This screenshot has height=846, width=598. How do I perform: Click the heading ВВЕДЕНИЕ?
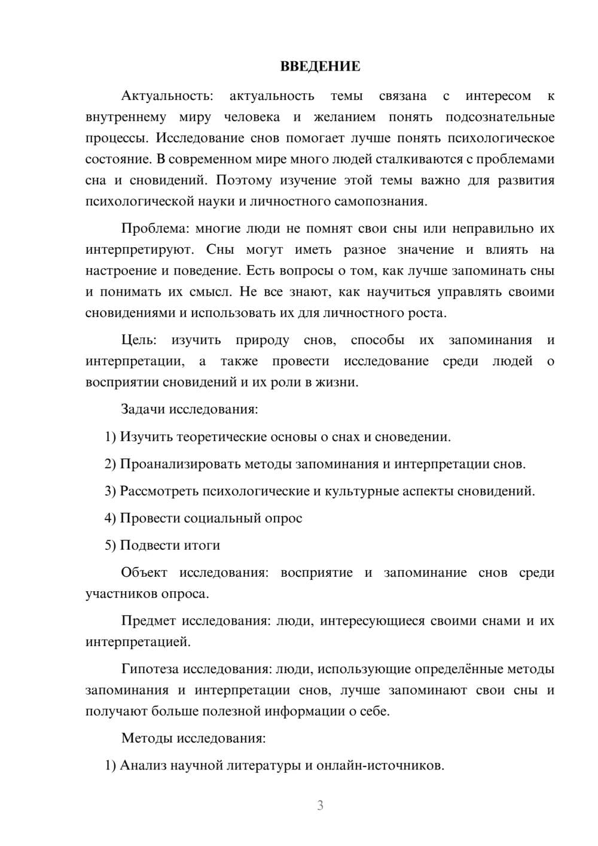click(320, 66)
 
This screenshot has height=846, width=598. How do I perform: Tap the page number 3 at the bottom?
click(320, 805)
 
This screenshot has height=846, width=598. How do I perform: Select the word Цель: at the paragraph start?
click(139, 340)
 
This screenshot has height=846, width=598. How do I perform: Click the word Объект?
click(144, 573)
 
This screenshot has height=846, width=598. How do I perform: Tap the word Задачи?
click(143, 410)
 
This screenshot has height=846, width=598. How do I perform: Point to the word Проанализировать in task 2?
click(181, 464)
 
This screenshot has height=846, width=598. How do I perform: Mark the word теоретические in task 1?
click(222, 437)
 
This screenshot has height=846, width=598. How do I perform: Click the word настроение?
click(120, 270)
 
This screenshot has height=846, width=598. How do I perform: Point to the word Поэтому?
click(243, 180)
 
